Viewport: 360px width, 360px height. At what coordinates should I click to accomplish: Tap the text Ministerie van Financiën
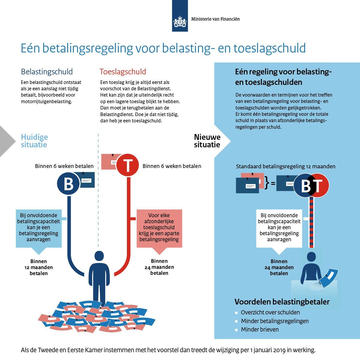[215, 19]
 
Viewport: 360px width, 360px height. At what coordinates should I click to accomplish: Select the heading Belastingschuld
[47, 72]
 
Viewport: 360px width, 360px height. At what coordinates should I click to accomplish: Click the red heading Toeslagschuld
[123, 72]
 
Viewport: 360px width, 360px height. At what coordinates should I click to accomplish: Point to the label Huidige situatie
[34, 141]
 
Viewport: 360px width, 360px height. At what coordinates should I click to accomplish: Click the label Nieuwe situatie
[207, 141]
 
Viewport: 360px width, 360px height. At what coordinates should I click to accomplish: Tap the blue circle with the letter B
[69, 184]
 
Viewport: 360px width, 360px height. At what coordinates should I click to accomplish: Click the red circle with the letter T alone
[127, 165]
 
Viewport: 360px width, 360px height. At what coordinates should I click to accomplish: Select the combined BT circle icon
[311, 185]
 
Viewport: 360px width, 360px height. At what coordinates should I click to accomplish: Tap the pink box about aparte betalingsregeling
[159, 228]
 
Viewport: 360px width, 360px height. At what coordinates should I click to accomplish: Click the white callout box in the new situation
[279, 228]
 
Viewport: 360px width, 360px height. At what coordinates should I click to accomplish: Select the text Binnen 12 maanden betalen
[39, 267]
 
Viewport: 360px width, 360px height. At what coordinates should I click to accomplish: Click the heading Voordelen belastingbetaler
[282, 302]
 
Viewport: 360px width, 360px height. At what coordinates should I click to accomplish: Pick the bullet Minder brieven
[260, 329]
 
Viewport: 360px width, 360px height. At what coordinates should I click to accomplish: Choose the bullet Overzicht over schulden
[270, 312]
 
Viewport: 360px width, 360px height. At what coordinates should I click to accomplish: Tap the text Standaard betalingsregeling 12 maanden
[286, 166]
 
